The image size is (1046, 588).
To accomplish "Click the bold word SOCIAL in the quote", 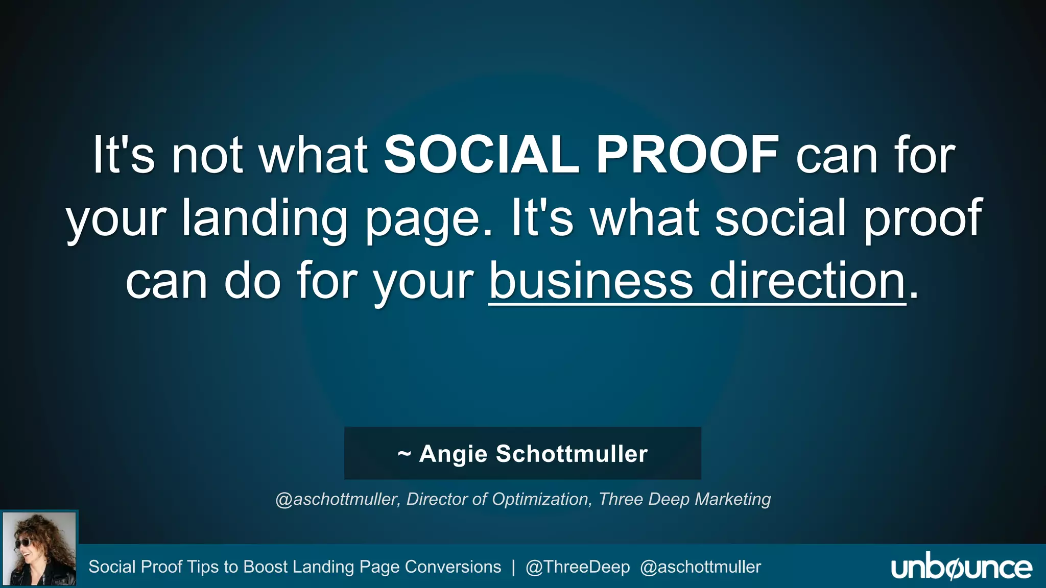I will tap(481, 155).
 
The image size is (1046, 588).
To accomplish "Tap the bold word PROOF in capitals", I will tap(687, 155).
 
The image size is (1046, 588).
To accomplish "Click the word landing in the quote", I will tap(265, 218).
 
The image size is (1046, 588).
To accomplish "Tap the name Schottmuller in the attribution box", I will tap(572, 454).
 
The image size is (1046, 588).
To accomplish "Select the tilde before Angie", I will tap(404, 454).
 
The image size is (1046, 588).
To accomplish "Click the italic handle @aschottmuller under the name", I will tap(337, 499).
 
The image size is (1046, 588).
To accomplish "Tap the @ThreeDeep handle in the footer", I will tap(578, 567).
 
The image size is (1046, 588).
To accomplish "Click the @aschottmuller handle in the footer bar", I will tap(700, 567).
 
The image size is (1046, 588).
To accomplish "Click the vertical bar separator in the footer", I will tap(513, 567).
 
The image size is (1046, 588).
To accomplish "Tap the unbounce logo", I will tap(961, 568).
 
